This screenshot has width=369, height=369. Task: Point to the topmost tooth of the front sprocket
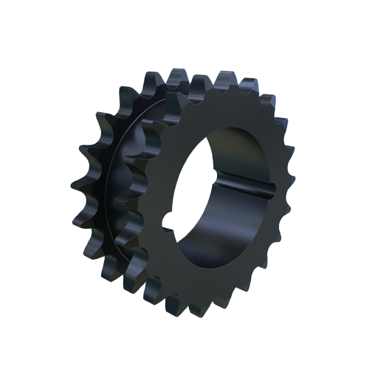click(221, 76)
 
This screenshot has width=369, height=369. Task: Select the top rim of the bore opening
click(236, 131)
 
